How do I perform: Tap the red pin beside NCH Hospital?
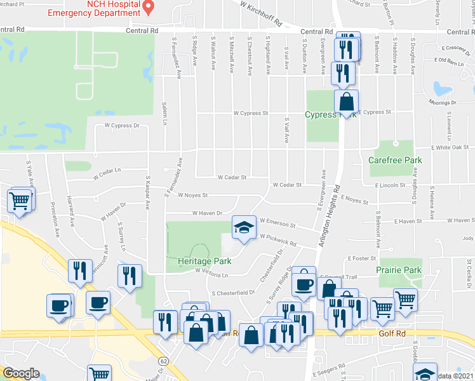point(149,8)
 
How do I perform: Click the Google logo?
point(20,373)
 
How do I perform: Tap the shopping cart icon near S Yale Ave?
point(20,201)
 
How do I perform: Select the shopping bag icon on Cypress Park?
point(347,102)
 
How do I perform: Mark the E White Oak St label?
point(450,147)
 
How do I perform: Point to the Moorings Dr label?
point(443,102)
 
